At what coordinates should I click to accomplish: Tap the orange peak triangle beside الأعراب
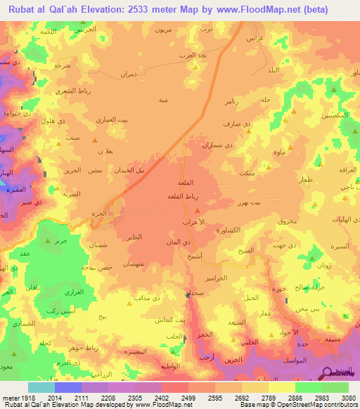pyautogui.click(x=198, y=210)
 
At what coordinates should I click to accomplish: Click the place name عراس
pyautogui.click(x=255, y=38)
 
